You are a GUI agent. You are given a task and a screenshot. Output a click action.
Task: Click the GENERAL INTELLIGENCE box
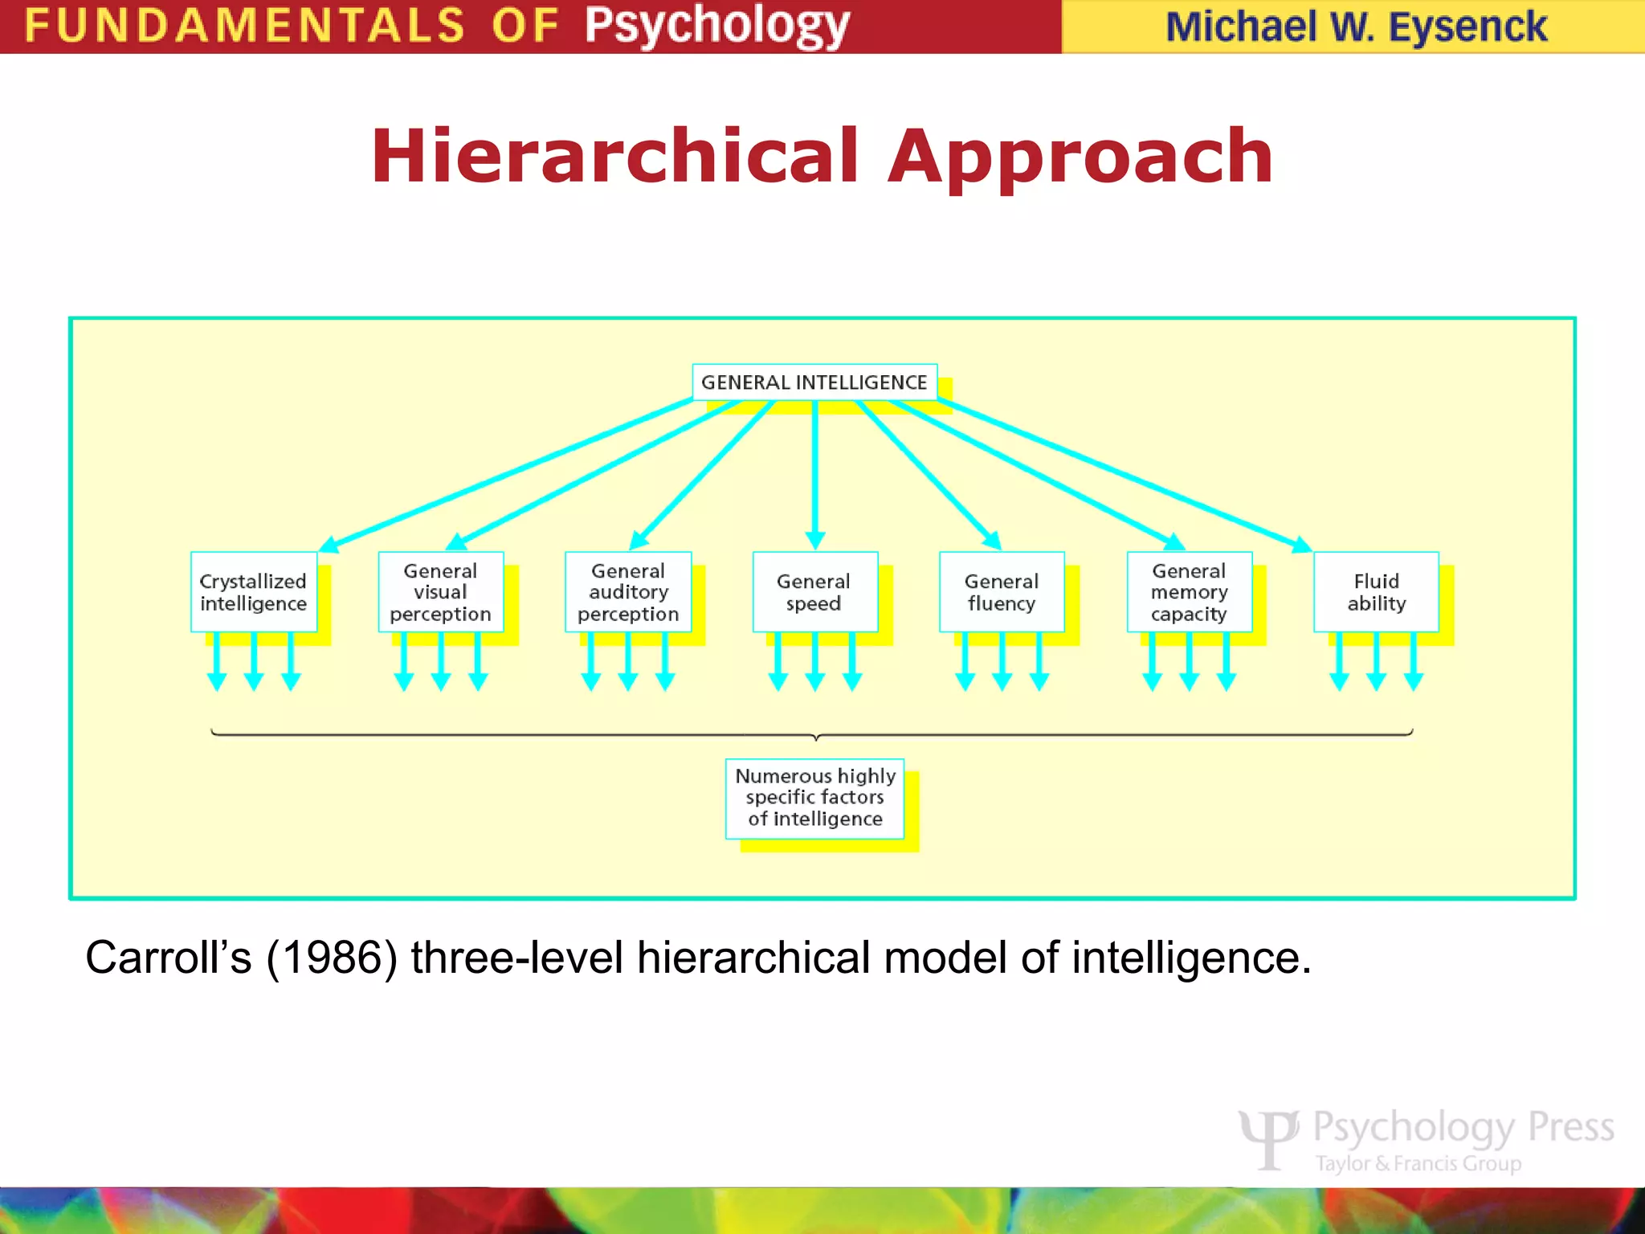tap(814, 382)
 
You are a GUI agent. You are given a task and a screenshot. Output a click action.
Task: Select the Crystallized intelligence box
tap(254, 592)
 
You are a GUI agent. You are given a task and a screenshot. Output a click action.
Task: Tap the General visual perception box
tap(440, 592)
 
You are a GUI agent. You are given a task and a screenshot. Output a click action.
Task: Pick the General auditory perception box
tap(628, 592)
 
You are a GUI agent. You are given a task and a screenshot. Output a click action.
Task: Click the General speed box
tap(814, 592)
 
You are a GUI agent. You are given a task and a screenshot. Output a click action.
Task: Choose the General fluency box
tap(1002, 592)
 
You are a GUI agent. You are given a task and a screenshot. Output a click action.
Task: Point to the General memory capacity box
tap(1189, 592)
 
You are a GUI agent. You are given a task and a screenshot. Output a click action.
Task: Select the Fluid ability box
tap(1376, 592)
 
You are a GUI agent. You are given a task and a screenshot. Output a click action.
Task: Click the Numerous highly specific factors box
tap(814, 798)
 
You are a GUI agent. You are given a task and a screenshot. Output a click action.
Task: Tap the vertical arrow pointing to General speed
tap(815, 474)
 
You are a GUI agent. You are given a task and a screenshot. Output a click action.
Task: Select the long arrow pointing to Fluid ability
tap(1125, 474)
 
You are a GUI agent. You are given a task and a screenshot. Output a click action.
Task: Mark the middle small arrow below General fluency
tap(1002, 661)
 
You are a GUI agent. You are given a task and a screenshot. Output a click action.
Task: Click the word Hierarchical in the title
tap(615, 156)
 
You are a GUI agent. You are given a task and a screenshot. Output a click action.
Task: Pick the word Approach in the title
tap(1080, 156)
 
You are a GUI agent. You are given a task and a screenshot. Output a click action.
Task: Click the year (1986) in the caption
tap(332, 958)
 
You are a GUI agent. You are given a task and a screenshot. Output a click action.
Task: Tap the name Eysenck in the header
tap(1467, 27)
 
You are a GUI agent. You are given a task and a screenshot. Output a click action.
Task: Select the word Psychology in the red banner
tap(716, 26)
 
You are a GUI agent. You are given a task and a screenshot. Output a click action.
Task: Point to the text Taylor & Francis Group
tap(1418, 1163)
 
